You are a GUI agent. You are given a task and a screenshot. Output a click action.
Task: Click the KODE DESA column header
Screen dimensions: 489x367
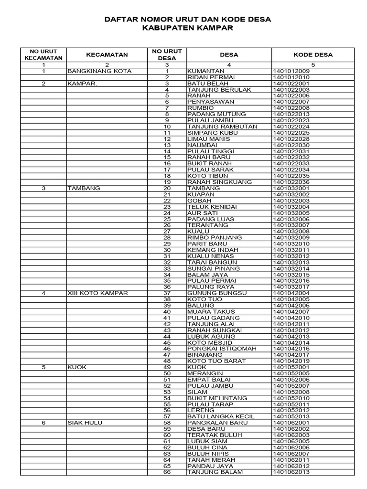[313, 55]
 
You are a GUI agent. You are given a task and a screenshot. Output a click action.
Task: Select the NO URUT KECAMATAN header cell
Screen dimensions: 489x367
[43, 55]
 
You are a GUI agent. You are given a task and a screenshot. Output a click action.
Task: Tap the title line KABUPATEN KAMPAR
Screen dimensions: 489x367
[188, 29]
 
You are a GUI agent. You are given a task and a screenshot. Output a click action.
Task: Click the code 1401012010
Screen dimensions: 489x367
[291, 77]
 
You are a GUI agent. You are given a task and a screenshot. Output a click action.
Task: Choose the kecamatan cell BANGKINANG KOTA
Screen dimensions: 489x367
[99, 71]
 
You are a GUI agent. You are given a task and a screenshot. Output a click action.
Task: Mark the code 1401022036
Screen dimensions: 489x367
[291, 182]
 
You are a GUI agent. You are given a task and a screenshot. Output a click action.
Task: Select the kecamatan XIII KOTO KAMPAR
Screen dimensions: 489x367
[97, 293]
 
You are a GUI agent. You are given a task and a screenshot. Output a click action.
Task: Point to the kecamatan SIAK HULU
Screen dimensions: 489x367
[85, 423]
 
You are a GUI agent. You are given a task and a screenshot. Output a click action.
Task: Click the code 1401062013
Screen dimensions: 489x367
[291, 472]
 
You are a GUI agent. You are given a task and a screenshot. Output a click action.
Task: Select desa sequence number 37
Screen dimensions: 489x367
[167, 293]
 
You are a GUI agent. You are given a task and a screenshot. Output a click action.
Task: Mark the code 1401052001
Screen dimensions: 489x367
[291, 367]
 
